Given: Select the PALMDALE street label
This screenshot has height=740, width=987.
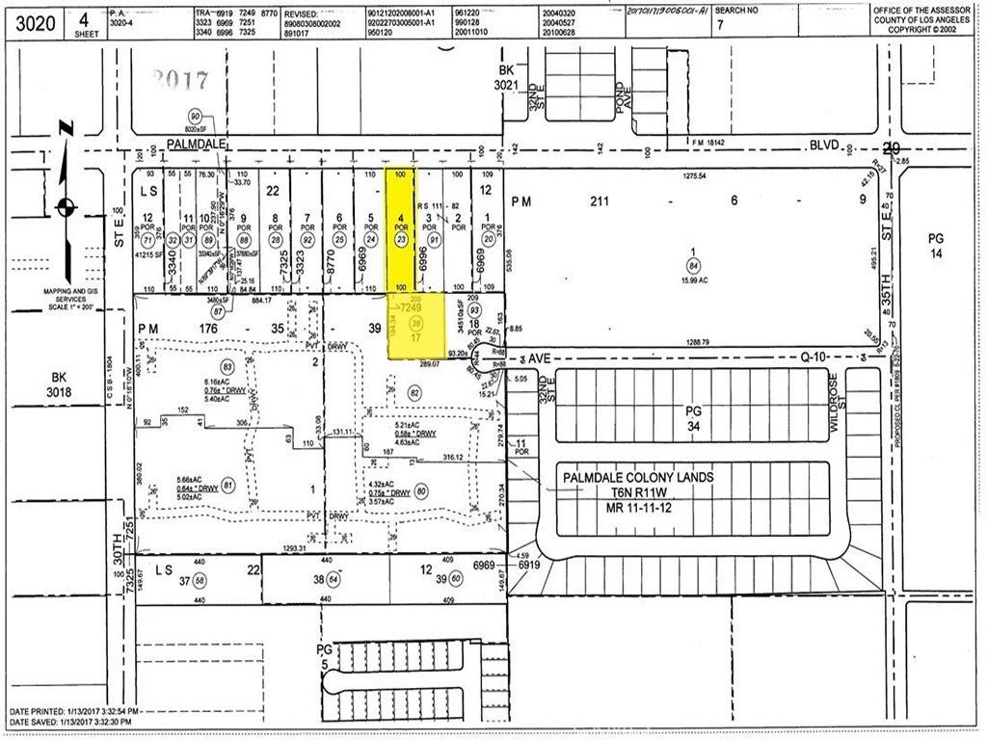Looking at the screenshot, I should tap(197, 144).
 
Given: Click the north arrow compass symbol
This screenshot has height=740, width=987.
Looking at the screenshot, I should tap(65, 205).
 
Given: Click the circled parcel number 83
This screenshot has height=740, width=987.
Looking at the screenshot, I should tap(227, 367).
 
